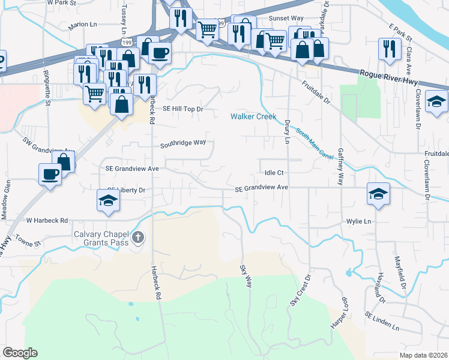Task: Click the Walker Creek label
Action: [254, 116]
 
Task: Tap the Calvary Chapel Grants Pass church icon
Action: [138, 238]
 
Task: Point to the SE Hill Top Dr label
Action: [184, 109]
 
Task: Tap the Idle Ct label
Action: [274, 172]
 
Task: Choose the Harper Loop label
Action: [338, 312]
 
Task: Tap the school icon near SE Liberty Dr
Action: [109, 200]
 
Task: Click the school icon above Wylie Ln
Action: [378, 194]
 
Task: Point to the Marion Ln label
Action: [83, 25]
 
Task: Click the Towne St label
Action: [28, 244]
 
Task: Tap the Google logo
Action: [20, 353]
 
